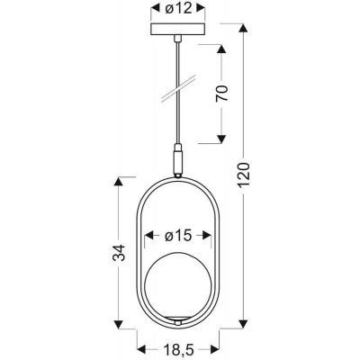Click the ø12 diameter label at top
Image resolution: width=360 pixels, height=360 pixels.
[x=176, y=12]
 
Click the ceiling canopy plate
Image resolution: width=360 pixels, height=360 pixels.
[x=176, y=35]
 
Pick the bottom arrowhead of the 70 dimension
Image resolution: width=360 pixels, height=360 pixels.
[x=220, y=142]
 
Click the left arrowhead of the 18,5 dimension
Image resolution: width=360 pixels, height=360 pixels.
[x=139, y=345]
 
